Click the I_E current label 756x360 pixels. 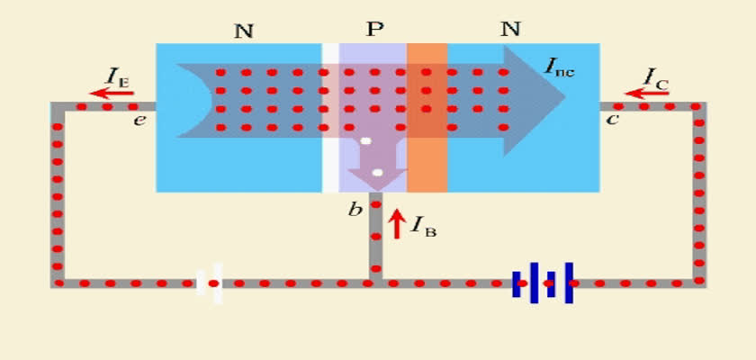[x=117, y=77]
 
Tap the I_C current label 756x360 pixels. [x=656, y=77]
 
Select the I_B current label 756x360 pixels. [x=423, y=225]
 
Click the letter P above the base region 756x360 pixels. [x=374, y=30]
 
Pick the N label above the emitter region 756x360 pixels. [x=244, y=31]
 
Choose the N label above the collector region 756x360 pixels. [x=510, y=30]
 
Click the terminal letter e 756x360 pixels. [x=139, y=120]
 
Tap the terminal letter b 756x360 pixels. [x=355, y=210]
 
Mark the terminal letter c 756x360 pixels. [x=612, y=119]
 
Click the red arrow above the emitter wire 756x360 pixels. [x=112, y=93]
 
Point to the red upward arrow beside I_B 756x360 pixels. [x=396, y=223]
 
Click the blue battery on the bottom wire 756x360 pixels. [x=543, y=283]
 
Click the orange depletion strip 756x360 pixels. [x=427, y=118]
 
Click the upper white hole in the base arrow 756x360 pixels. [x=366, y=141]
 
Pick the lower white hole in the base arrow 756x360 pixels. [x=377, y=173]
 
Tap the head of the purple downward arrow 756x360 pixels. [x=377, y=179]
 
